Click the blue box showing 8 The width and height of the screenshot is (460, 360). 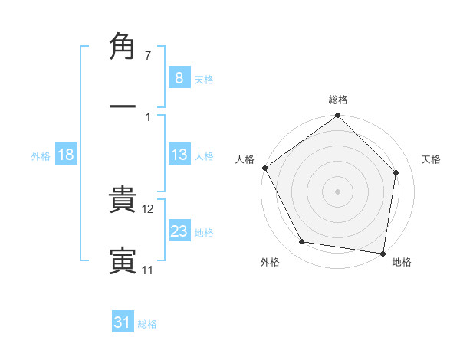pyautogui.click(x=179, y=77)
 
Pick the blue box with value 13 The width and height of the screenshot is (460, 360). pyautogui.click(x=179, y=155)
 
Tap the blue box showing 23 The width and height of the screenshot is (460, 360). pyautogui.click(x=179, y=231)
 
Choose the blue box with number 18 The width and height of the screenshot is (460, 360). pyautogui.click(x=66, y=155)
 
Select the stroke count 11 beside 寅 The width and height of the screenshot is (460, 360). pyautogui.click(x=147, y=270)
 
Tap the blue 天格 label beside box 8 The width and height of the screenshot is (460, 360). pyautogui.click(x=204, y=79)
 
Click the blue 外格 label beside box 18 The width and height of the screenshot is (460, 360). pyautogui.click(x=41, y=155)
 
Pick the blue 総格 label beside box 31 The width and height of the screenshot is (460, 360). pyautogui.click(x=147, y=324)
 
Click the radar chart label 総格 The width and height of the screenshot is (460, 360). pyautogui.click(x=338, y=100)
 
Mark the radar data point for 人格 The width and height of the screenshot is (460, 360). pyautogui.click(x=265, y=168)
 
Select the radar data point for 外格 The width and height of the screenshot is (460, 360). pyautogui.click(x=302, y=243)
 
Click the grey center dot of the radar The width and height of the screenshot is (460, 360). pyautogui.click(x=338, y=191)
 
